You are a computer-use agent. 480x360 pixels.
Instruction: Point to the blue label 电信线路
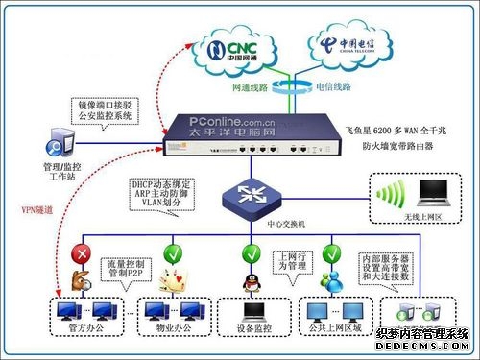click(330, 85)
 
